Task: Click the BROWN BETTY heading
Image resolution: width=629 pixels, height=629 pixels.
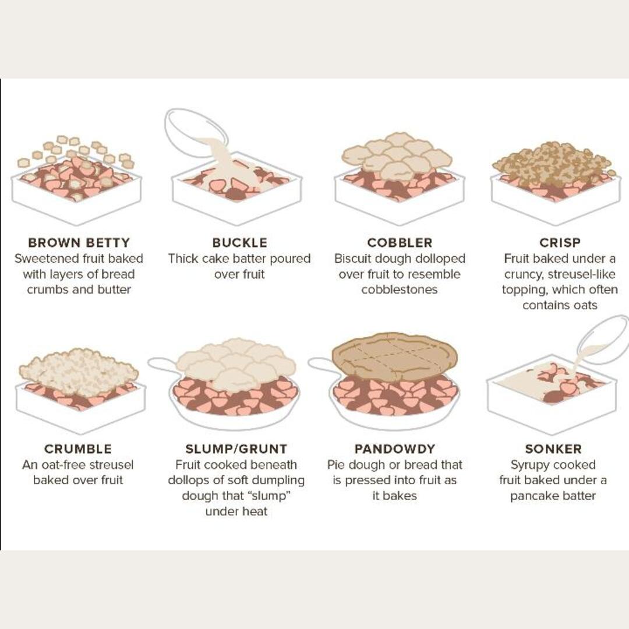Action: point(79,242)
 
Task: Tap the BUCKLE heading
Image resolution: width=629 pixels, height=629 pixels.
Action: point(239,242)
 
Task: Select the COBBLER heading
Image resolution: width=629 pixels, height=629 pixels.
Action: point(400,242)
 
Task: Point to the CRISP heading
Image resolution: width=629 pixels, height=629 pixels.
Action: point(560,242)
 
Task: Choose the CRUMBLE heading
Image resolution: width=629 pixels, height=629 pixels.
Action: point(78,449)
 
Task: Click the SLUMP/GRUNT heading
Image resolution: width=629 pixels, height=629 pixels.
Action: point(236,449)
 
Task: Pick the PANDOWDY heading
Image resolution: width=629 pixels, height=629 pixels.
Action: point(395,449)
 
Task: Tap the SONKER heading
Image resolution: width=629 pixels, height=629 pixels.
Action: point(553,449)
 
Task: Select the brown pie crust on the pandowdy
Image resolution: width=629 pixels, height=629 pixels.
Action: point(395,356)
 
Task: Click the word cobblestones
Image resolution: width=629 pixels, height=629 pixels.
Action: point(400,290)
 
